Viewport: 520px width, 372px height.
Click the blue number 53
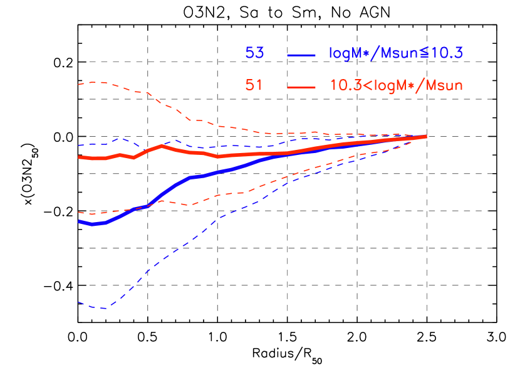click(254, 53)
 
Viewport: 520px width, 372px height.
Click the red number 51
click(254, 85)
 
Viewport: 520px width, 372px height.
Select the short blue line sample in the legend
click(300, 55)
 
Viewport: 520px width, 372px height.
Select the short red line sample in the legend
click(300, 87)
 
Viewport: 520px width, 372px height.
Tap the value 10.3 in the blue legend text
click(447, 53)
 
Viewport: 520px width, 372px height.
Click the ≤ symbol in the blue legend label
click(426, 54)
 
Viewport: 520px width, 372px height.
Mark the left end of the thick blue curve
click(79, 221)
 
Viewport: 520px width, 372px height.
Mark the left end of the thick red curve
click(79, 157)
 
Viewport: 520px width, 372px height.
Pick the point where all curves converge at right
click(426, 136)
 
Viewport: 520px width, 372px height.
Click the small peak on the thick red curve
click(162, 146)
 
